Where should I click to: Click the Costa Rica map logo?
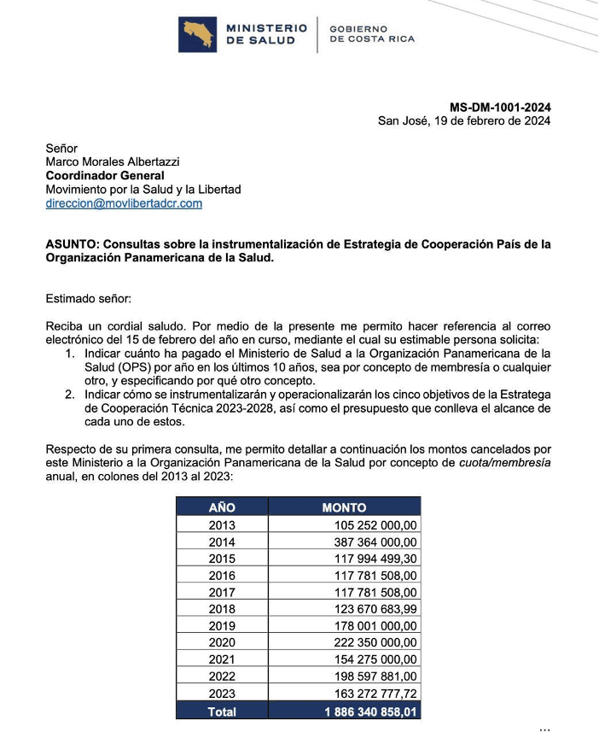197,34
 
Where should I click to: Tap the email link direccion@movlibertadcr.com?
124,203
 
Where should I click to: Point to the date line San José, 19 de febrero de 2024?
464,121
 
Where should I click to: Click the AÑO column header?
222,507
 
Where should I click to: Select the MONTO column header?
344,507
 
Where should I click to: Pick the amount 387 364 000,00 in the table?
375,542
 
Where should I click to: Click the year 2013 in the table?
222,525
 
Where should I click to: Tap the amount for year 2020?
375,642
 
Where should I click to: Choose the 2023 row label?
222,693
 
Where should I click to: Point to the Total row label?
222,710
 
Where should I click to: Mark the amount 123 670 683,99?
375,609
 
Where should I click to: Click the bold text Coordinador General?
105,176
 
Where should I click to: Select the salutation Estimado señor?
89,299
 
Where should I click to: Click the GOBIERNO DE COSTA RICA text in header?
371,34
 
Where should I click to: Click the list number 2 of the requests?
70,395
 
